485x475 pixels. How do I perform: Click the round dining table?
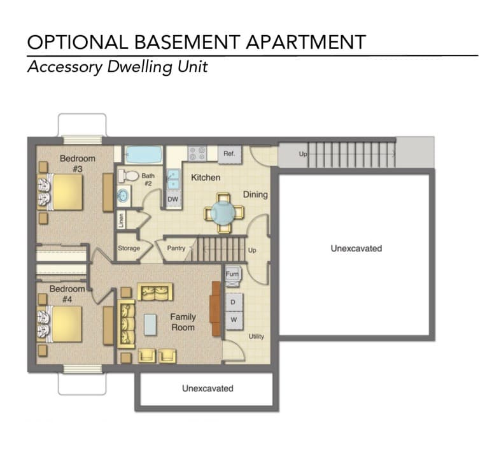[223, 213]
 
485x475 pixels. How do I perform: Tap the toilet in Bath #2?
[128, 176]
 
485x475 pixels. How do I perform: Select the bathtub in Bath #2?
[144, 155]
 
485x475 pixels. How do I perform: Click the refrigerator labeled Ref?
[229, 154]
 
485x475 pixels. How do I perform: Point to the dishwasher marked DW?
[173, 199]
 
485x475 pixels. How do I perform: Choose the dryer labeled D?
[234, 302]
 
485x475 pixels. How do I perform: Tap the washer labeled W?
[234, 320]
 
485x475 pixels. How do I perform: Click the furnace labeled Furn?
[232, 276]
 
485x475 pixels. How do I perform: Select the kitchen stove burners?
[197, 153]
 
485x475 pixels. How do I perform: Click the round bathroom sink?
[123, 195]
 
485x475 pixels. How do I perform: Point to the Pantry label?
[176, 248]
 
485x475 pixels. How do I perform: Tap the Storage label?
[129, 248]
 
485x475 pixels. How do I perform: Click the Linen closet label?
[121, 220]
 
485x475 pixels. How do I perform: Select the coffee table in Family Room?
[150, 324]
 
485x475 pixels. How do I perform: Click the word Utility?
[257, 336]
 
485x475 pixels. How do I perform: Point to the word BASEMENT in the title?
[187, 42]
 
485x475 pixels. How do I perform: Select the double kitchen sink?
[173, 179]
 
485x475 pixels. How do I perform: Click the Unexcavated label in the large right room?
[356, 248]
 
